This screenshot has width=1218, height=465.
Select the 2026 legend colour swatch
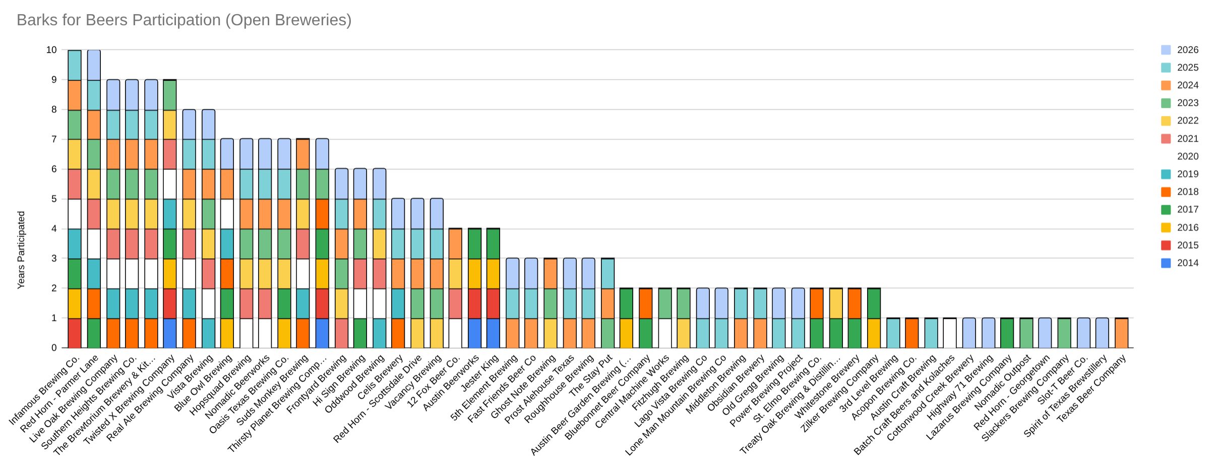point(1166,50)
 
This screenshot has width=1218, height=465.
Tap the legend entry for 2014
point(1180,263)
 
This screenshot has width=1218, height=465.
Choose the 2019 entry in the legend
point(1180,174)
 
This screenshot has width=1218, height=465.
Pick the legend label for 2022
point(1188,121)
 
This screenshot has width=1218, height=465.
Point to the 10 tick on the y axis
point(51,50)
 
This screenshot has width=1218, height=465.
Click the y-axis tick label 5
point(54,199)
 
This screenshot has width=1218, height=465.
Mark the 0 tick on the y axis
point(54,347)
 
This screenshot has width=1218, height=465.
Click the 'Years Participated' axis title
point(21,250)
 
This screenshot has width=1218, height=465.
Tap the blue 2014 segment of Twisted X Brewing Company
point(170,333)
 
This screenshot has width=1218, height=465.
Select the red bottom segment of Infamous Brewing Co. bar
point(75,333)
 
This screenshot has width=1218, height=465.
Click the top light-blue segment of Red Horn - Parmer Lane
point(94,65)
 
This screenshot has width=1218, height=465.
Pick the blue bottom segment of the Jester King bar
point(493,333)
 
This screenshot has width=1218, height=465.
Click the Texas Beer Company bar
point(1121,333)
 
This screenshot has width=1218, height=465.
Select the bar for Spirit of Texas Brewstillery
point(1102,333)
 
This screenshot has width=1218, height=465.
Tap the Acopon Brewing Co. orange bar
point(912,333)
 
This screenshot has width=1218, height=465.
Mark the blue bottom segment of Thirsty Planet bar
point(322,333)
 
